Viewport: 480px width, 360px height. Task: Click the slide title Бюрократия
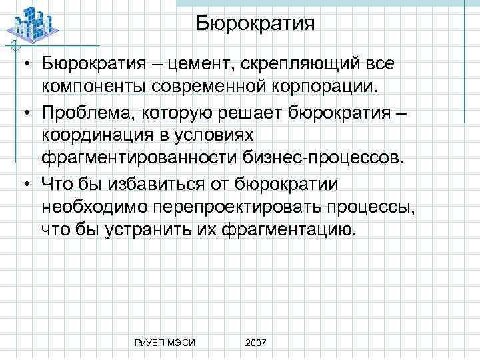[x=255, y=24]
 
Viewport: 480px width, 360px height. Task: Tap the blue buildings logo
[x=31, y=25]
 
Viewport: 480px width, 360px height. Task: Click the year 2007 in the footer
[x=255, y=342]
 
